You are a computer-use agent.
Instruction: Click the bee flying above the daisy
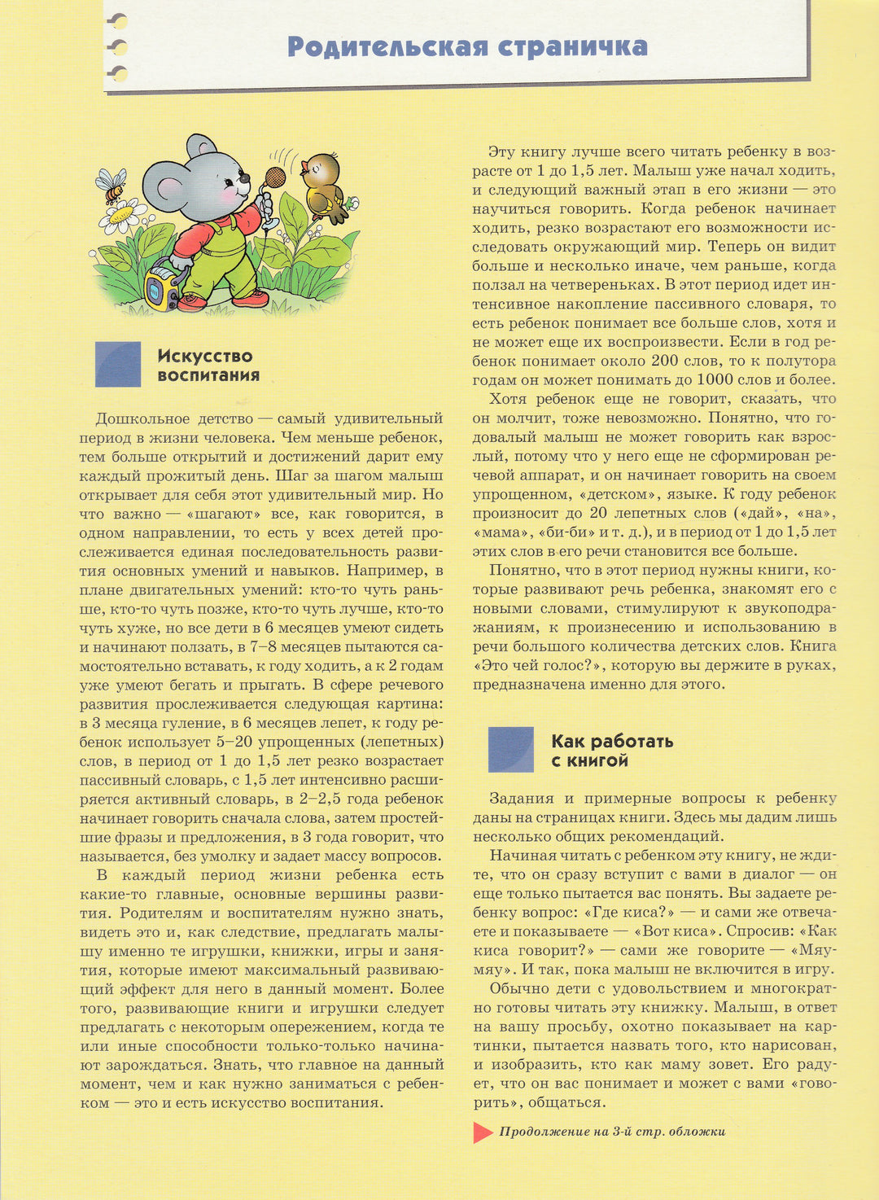click(x=112, y=185)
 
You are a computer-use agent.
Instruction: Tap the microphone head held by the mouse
click(x=276, y=177)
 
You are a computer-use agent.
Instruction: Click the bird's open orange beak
click(x=304, y=169)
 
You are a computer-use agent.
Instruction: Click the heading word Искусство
click(x=205, y=356)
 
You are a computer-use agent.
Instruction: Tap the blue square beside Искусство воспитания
click(x=118, y=364)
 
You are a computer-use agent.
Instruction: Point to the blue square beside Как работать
click(x=510, y=749)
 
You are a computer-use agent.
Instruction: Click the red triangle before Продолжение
click(x=483, y=1132)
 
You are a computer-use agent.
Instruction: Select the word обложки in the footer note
click(x=697, y=1132)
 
